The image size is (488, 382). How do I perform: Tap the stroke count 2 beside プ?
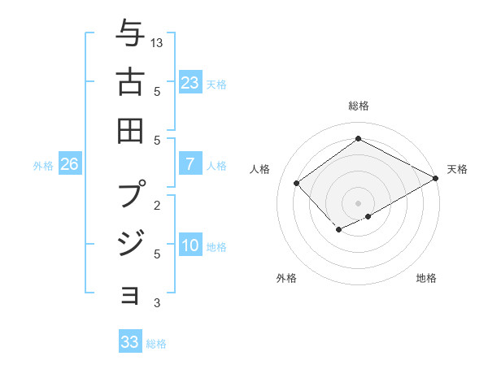(157, 205)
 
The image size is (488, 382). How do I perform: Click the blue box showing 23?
(190, 82)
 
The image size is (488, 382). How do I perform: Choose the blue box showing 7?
(190, 164)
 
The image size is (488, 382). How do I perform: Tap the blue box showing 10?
(190, 245)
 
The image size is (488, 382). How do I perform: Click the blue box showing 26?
(70, 164)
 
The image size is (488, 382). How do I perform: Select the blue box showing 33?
(129, 342)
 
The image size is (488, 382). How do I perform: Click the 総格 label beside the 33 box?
(156, 344)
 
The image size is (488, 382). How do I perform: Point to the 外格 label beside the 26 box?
(43, 166)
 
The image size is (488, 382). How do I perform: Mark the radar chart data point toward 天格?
(436, 179)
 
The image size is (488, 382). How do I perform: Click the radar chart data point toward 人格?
(297, 184)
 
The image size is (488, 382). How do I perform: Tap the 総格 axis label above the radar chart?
(358, 106)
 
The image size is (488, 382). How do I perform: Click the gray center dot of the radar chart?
(358, 202)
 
